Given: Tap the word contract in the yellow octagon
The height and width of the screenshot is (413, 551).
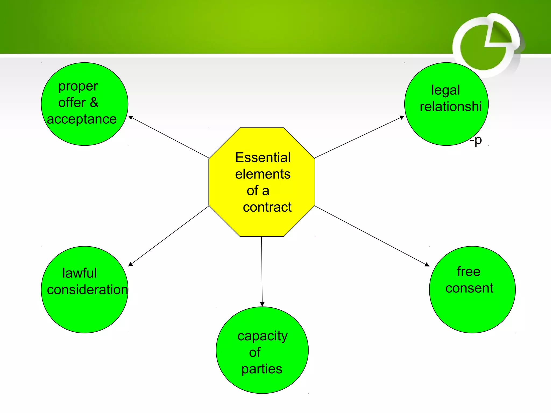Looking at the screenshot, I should click(x=267, y=207).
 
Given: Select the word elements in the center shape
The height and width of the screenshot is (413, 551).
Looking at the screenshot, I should click(x=263, y=174).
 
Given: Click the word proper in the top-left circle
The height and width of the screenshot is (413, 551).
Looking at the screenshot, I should click(x=78, y=87).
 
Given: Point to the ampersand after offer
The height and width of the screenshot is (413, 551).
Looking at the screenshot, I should click(x=94, y=102).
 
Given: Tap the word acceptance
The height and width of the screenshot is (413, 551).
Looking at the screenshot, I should click(x=82, y=119).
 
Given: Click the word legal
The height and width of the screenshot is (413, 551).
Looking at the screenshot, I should click(x=446, y=90).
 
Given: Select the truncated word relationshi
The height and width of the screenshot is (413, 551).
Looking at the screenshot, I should click(x=451, y=106).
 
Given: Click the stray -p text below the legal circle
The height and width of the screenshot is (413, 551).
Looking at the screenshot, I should click(x=476, y=140).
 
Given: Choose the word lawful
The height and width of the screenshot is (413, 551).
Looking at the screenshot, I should click(x=79, y=273).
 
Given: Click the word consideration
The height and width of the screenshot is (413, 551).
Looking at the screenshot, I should click(x=87, y=290).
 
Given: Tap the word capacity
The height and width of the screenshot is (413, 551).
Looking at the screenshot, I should click(x=262, y=336).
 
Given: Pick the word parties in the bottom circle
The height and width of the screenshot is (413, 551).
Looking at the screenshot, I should click(x=262, y=369).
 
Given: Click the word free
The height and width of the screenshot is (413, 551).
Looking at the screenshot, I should click(x=468, y=271).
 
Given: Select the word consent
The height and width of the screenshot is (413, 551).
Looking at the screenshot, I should click(x=469, y=288).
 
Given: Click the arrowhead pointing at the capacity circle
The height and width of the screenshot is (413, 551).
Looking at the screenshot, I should click(x=262, y=304).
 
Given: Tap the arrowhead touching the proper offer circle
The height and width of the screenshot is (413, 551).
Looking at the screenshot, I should click(x=131, y=118).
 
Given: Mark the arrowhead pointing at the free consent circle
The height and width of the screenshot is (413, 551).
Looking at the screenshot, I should click(x=427, y=265).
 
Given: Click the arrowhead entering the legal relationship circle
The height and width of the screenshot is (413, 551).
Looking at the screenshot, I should click(x=402, y=117).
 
